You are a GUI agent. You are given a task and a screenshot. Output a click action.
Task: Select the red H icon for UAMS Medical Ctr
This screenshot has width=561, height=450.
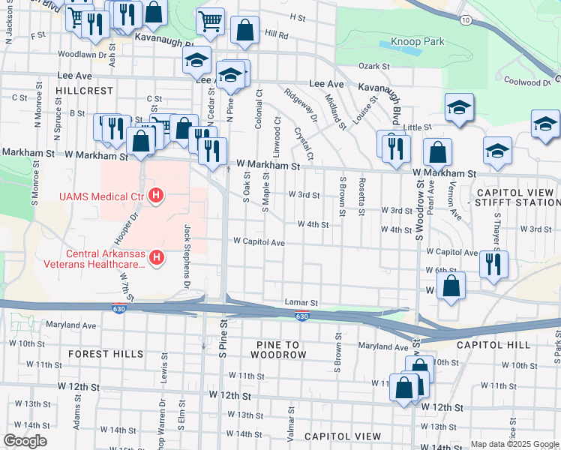(x=156, y=197)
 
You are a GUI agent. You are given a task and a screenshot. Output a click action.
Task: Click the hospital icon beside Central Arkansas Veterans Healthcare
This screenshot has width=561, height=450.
(x=156, y=258)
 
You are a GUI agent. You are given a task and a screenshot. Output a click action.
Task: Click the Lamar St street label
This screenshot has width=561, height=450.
(x=302, y=302)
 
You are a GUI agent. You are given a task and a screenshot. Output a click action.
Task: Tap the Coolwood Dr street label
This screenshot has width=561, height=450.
(x=527, y=82)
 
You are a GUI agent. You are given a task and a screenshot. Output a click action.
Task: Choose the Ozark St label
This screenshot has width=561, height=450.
(x=376, y=67)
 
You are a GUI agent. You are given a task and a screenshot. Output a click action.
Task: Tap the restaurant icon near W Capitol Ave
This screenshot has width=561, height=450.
(x=493, y=264)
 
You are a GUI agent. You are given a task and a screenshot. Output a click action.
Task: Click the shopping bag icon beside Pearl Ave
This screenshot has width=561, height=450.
(x=437, y=152)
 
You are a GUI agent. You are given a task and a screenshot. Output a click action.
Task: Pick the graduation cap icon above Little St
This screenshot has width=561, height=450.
(x=458, y=108)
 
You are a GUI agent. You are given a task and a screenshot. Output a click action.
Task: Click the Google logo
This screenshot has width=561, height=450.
(x=25, y=441)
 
